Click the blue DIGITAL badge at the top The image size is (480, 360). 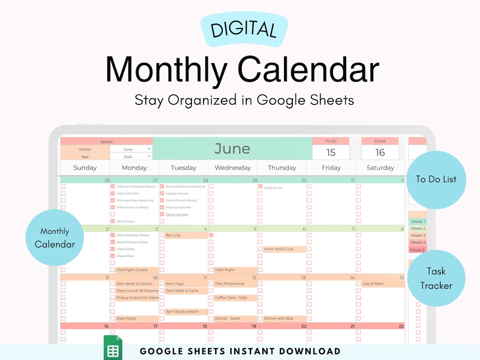click(244, 29)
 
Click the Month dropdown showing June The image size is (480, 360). click(131, 149)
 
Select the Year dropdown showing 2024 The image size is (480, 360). click(131, 156)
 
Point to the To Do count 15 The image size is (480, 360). click(331, 152)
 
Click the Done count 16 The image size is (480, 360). click(380, 152)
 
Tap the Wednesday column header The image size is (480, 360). click(232, 168)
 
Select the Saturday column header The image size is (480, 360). click(380, 168)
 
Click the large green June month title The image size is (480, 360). click(232, 148)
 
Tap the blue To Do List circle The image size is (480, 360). click(436, 180)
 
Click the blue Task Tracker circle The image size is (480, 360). click(436, 278)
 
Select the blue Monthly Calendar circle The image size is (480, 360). click(55, 237)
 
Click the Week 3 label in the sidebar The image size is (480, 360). click(418, 236)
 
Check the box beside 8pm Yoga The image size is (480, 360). click(112, 221)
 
